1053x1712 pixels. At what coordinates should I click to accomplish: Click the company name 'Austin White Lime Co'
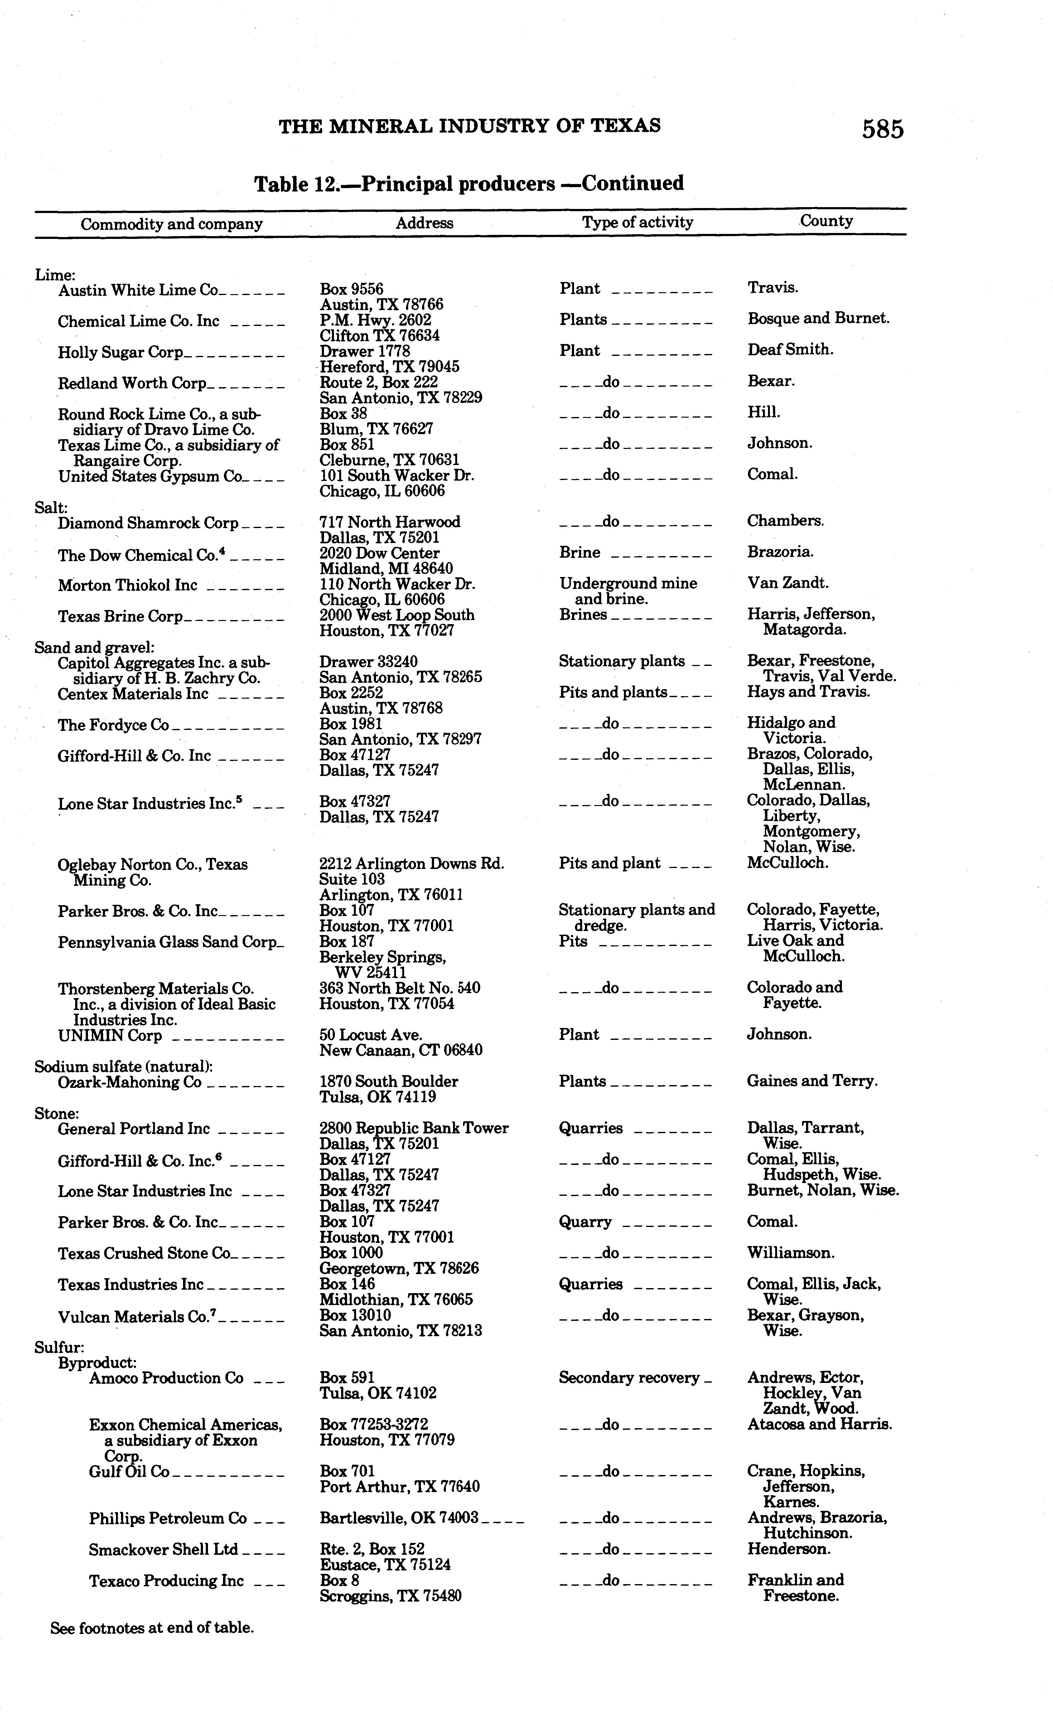(138, 290)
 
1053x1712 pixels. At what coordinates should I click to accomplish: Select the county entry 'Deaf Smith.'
(790, 350)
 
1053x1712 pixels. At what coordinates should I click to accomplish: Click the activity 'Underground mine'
(627, 584)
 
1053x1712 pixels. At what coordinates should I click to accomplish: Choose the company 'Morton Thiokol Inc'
(128, 585)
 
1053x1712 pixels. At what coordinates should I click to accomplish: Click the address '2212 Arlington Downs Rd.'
(412, 864)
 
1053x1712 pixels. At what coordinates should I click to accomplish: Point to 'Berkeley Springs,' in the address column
(382, 957)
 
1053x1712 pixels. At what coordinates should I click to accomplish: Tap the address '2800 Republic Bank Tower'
(414, 1128)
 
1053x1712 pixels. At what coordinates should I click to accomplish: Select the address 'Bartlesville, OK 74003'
(398, 1518)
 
